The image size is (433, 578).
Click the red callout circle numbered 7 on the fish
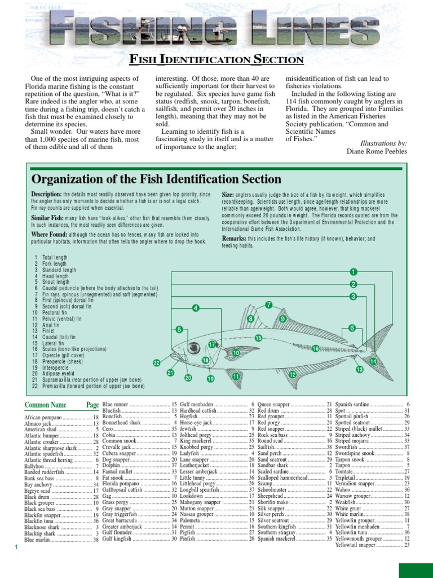pyautogui.click(x=269, y=305)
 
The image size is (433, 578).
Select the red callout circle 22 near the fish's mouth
pyautogui.click(x=157, y=362)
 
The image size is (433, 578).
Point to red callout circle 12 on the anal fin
pyautogui.click(x=293, y=375)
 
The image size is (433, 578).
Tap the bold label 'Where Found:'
pyautogui.click(x=50, y=234)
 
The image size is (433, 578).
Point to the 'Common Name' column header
pyautogui.click(x=46, y=405)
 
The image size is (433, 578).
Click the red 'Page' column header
pyautogui.click(x=92, y=405)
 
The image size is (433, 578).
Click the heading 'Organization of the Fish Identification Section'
pyautogui.click(x=157, y=179)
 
